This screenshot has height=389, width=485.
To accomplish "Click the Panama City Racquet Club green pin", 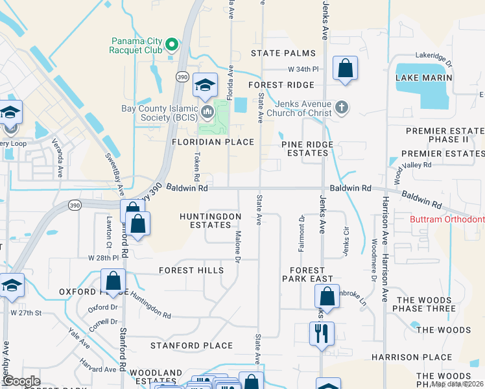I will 172,45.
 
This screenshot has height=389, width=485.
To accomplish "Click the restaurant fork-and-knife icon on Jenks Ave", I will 322,335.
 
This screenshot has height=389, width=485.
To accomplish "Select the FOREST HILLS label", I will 191,270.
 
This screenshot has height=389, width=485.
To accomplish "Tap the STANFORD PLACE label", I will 191,346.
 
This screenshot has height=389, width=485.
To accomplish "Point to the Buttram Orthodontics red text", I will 447,220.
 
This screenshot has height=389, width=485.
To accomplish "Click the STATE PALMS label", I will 283,53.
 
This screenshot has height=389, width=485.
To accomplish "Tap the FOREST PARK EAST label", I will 307,274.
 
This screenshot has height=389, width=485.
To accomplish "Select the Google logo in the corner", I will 21,381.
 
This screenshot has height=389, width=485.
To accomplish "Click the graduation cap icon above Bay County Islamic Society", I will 205,85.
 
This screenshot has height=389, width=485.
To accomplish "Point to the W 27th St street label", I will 25,312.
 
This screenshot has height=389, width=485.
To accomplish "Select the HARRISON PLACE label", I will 411,357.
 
